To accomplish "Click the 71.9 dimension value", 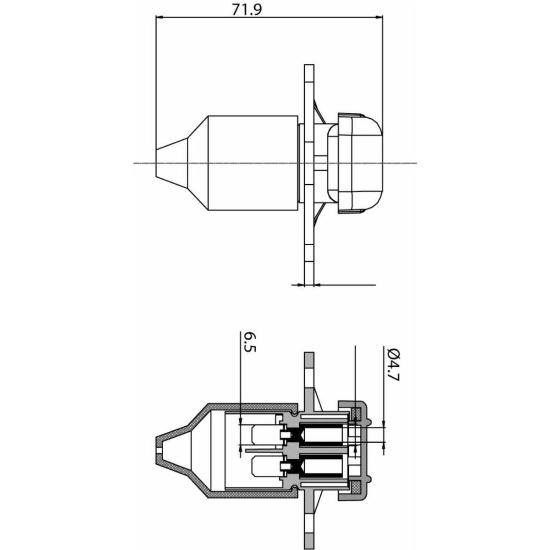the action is click(x=246, y=10).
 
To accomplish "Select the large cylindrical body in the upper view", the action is click(x=253, y=163).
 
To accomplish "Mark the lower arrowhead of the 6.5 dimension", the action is click(x=241, y=456).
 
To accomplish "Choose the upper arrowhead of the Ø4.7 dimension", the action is click(x=383, y=431).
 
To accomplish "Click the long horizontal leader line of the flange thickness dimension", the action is click(x=345, y=285).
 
